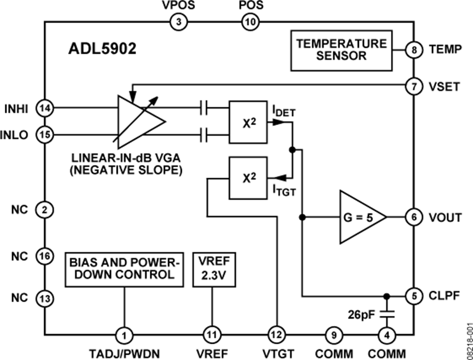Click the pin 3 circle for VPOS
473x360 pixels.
coord(179,22)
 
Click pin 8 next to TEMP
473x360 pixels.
coord(414,50)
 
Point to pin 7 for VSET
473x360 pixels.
coord(414,86)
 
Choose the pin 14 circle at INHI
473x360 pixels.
coord(44,108)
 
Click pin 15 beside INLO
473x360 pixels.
coord(44,135)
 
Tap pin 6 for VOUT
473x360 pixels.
coord(414,217)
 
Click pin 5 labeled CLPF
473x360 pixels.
coord(414,295)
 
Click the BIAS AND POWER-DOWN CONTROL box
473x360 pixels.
coord(125,269)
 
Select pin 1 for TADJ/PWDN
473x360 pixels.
coord(125,334)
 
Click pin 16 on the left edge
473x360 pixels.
coord(44,256)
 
